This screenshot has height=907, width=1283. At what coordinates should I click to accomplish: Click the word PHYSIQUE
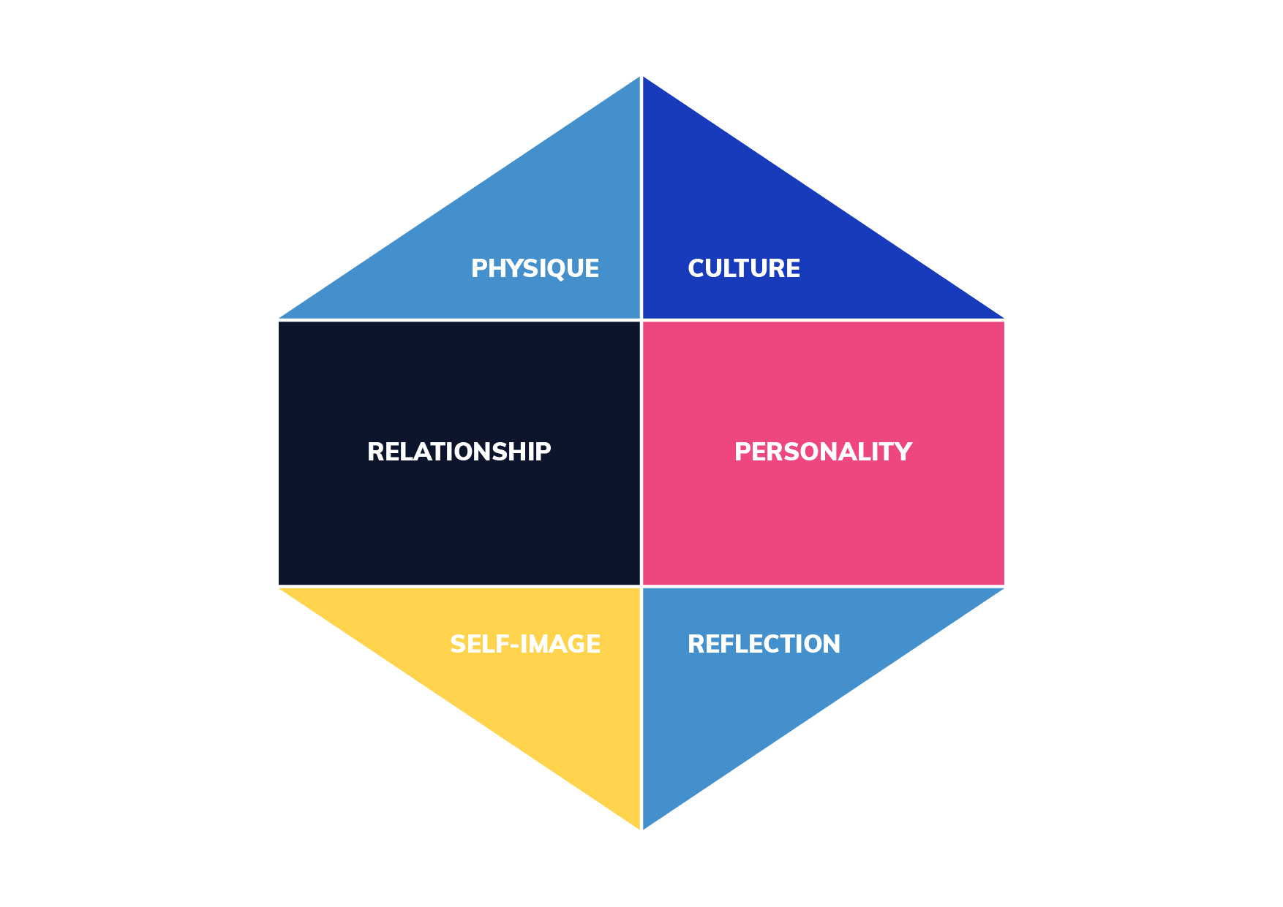tap(535, 269)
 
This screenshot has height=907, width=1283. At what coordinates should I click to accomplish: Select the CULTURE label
tap(744, 268)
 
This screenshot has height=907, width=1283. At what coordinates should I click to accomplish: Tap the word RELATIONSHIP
tap(459, 452)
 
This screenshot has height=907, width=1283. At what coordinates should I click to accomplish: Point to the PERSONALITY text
tap(823, 452)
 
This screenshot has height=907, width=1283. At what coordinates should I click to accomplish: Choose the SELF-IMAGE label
tap(525, 644)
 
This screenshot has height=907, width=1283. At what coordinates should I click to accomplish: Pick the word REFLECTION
tap(764, 644)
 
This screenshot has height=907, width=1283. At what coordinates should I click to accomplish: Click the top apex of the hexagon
tap(641, 75)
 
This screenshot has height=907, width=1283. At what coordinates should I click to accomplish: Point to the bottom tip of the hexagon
tap(641, 830)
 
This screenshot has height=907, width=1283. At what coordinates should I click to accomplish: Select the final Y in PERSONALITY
tap(904, 452)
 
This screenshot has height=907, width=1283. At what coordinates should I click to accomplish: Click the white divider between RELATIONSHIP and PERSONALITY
tap(641, 453)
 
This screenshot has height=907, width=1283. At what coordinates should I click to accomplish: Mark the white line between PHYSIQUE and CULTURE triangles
tap(641, 197)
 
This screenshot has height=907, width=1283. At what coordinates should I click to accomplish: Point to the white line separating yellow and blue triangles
tap(641, 708)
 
